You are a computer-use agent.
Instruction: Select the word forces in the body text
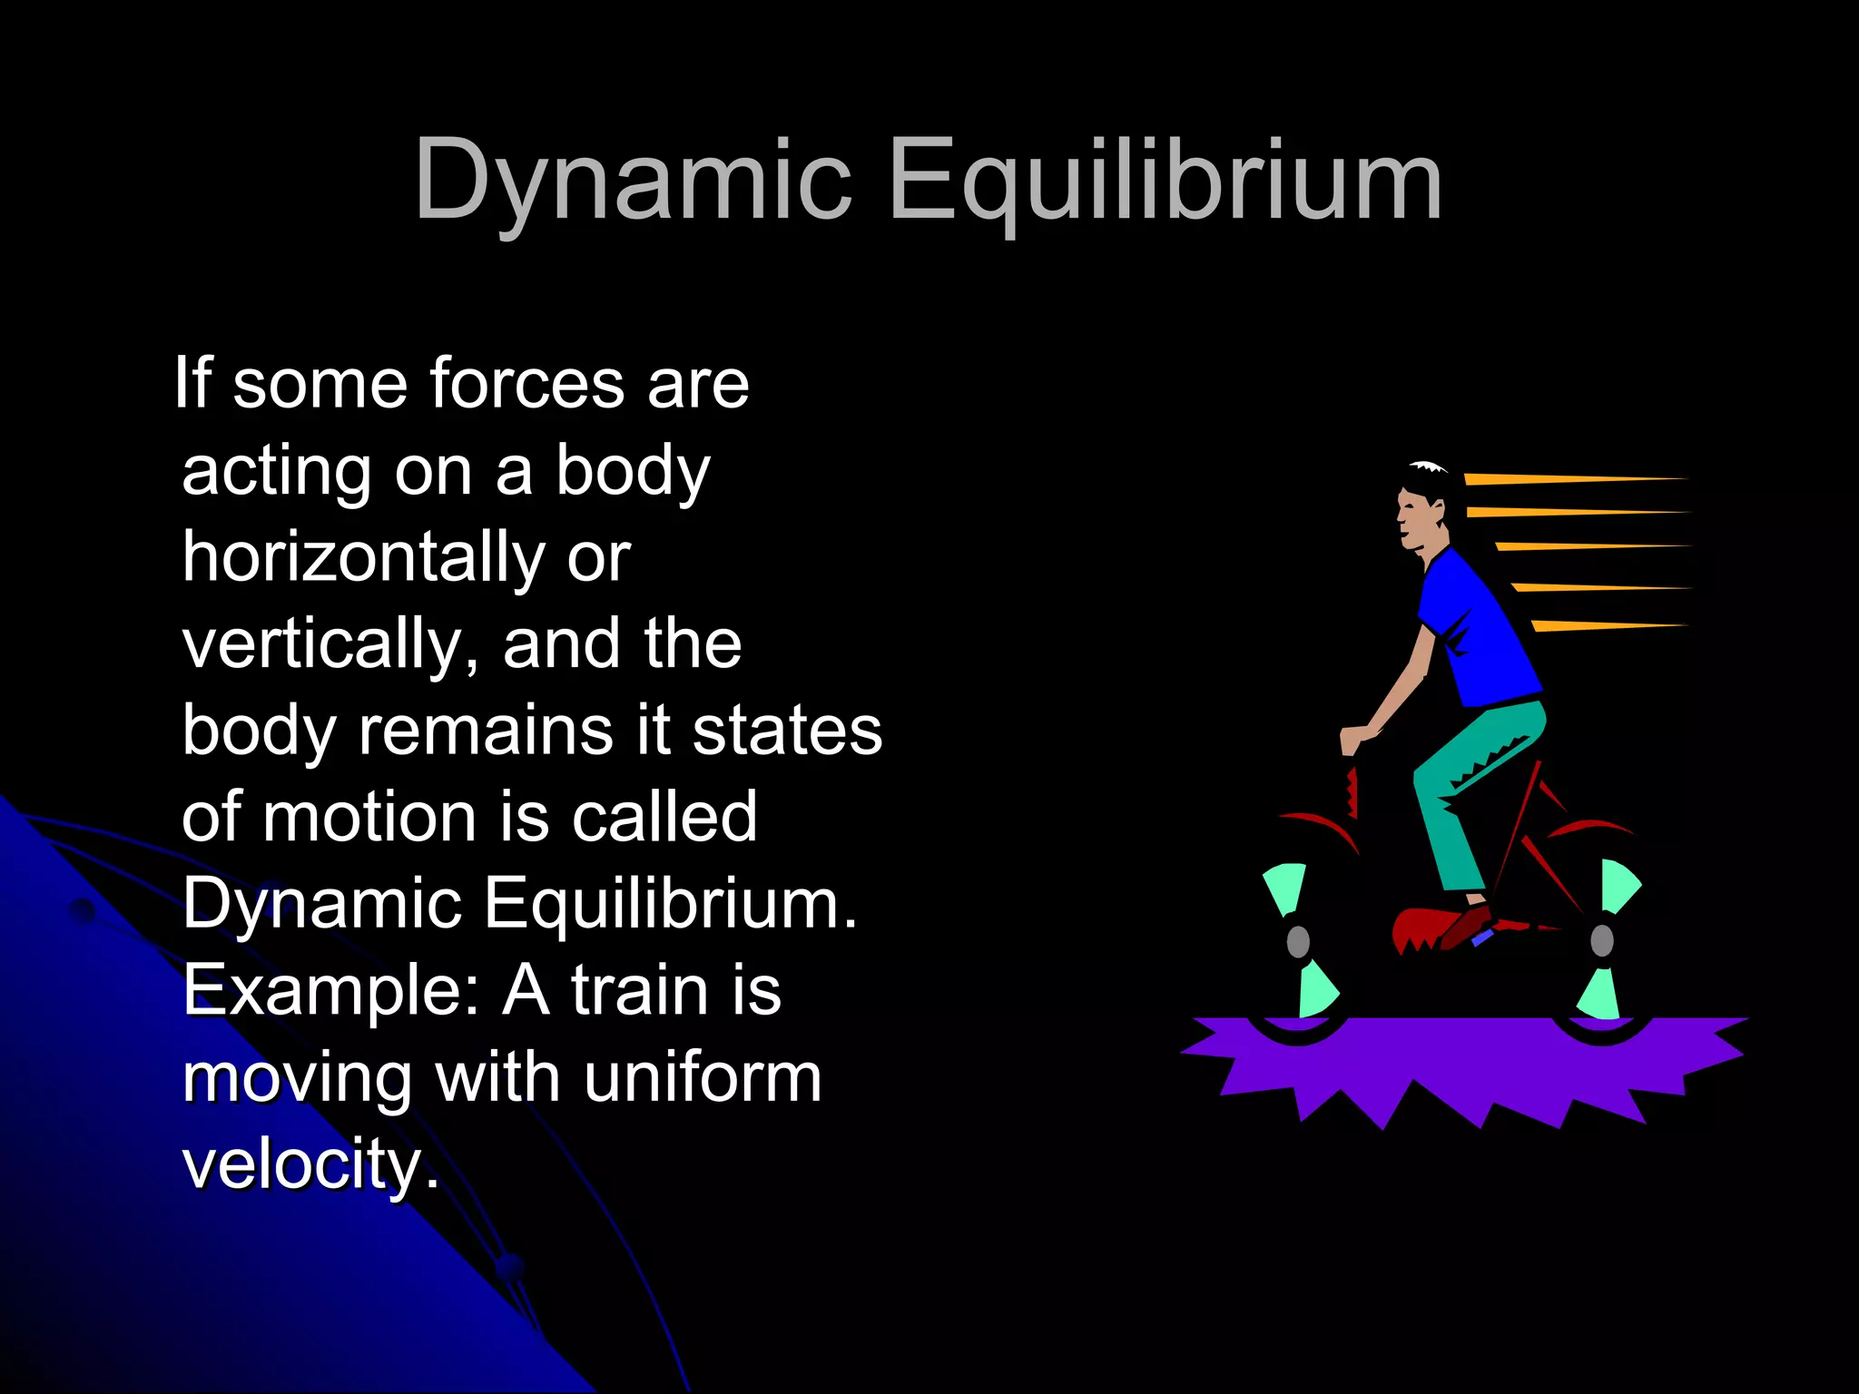tap(526, 383)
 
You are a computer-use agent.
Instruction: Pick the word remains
tap(486, 731)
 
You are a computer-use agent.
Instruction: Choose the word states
tap(787, 731)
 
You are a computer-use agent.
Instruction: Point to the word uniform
tap(703, 1077)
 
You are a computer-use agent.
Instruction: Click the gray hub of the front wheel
tap(1298, 941)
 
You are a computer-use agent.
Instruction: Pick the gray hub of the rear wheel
tap(1602, 941)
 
